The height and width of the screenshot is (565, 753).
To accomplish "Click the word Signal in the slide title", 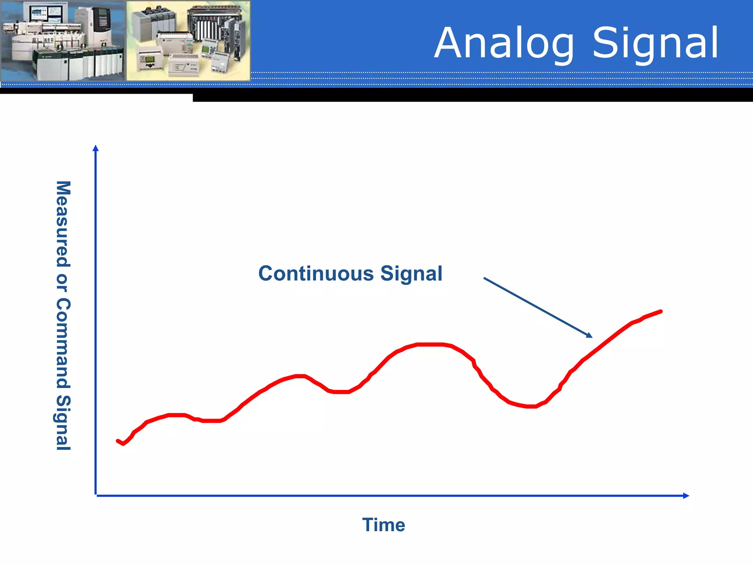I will pos(656,43).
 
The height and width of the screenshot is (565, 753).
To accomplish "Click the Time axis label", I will pos(383,525).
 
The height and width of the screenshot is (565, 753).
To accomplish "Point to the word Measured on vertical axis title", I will pos(63,224).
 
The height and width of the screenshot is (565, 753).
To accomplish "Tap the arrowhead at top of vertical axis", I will pos(96,148).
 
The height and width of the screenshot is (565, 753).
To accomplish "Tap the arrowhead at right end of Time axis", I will pos(686,495).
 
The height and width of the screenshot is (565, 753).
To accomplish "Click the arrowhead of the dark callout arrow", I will pos(589,335).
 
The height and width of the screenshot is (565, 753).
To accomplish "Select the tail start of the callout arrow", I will pos(484,278).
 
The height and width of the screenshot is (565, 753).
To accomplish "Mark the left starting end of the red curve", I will pos(118,441).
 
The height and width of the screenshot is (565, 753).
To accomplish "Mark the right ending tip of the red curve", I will pos(661,312).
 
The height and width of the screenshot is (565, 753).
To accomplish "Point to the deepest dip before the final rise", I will pos(531,406).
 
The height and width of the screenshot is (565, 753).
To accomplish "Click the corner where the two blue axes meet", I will pos(96,495).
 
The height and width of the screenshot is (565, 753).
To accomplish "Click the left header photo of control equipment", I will pos(63,40).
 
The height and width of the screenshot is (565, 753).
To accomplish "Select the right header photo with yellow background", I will pos(188,40).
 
